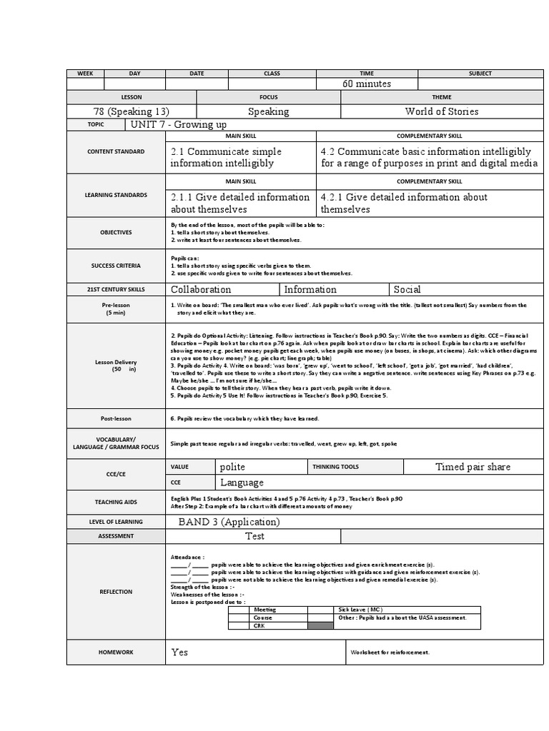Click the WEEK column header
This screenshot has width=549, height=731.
click(85, 74)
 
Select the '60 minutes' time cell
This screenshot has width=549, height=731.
click(367, 84)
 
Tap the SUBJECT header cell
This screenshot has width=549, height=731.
click(480, 74)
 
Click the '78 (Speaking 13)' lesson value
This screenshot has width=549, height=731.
click(132, 111)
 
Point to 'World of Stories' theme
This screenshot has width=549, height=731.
click(441, 111)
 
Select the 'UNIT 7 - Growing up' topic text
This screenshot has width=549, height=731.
click(179, 125)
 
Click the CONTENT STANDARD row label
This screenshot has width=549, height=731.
click(116, 151)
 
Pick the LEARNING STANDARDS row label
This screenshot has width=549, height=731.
click(116, 195)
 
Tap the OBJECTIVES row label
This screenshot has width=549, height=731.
click(116, 233)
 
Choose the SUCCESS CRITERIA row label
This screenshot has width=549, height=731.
click(116, 266)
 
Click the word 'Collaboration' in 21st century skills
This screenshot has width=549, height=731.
click(201, 289)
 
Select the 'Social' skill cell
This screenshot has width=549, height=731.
click(407, 289)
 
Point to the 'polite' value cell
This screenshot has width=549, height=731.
click(232, 467)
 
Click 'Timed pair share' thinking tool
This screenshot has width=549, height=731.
click(473, 467)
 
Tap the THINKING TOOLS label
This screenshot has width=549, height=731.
click(335, 467)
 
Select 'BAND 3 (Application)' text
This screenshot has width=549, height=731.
click(229, 522)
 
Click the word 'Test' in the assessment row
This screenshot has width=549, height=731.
click(254, 536)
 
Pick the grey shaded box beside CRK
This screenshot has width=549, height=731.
click(320, 626)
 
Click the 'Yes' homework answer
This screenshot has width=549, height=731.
click(179, 652)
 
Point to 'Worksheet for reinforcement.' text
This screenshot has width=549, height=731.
click(389, 652)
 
